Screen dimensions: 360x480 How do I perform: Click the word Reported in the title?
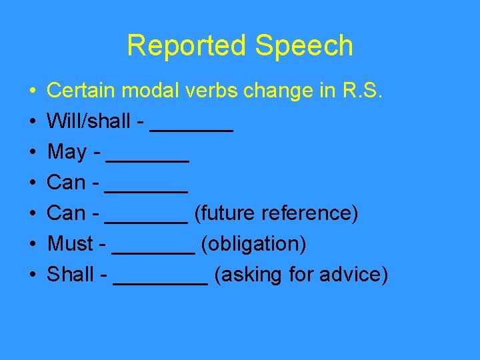pos(175,46)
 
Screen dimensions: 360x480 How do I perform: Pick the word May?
pos(67,153)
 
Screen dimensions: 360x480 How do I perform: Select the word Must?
pos(70,244)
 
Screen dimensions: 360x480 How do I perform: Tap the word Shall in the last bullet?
pos(71,275)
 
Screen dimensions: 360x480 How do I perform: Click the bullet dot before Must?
pos(33,245)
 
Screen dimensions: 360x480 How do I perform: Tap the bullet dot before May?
pos(33,153)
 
